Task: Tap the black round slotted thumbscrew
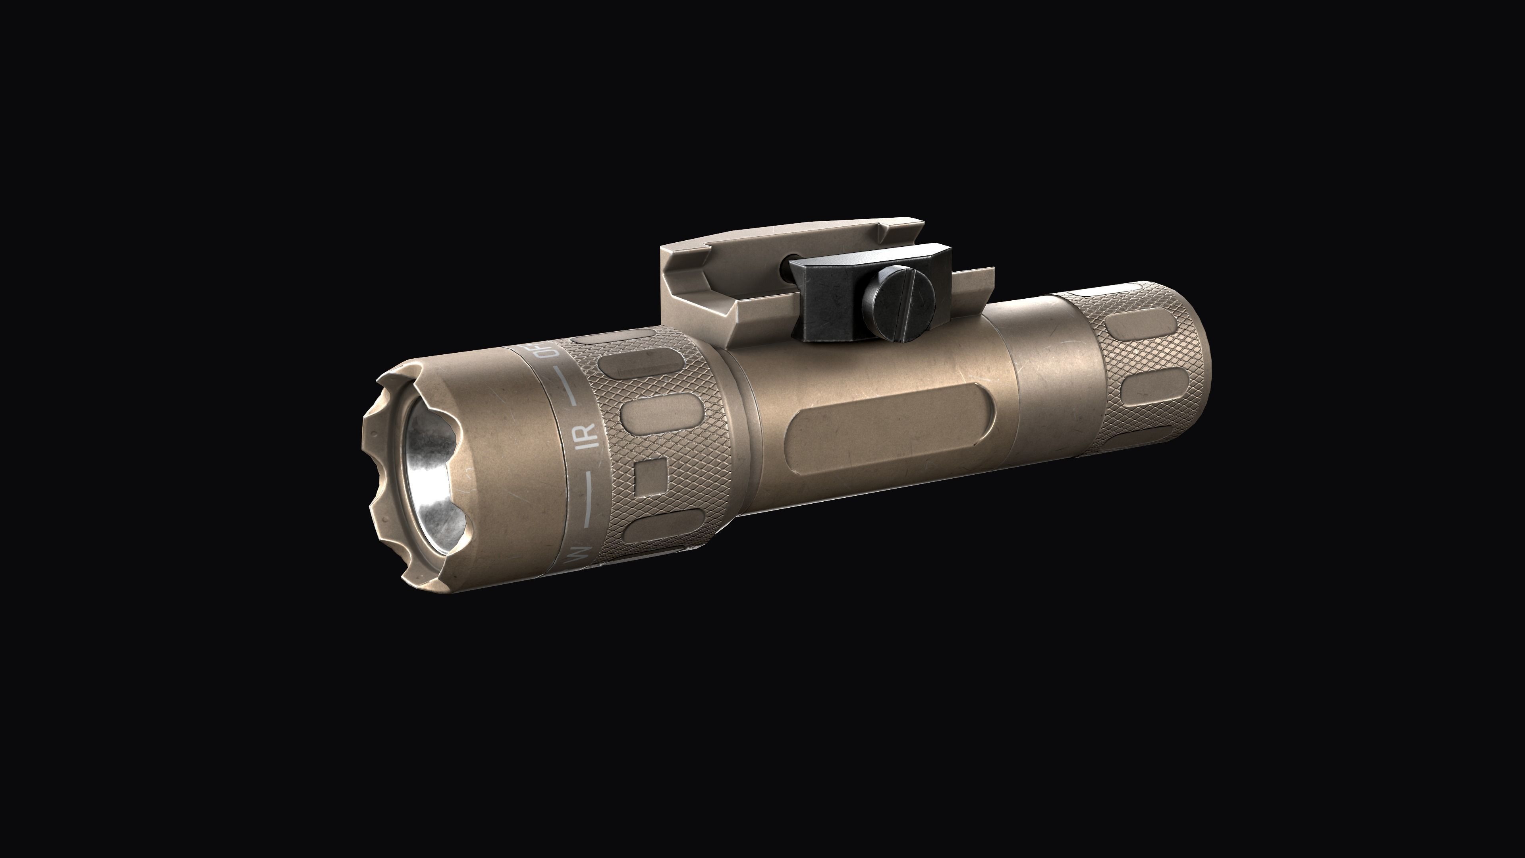(898, 304)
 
